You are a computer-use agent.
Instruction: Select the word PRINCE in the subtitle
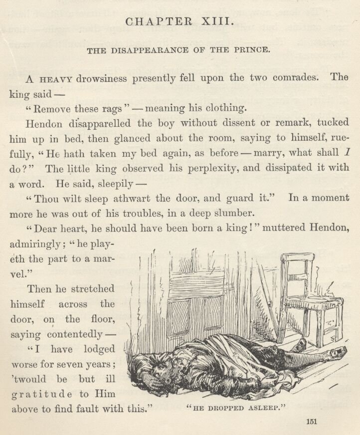click(x=252, y=50)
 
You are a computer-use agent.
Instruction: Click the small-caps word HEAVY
click(x=56, y=79)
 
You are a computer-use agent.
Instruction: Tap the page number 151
click(x=312, y=422)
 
